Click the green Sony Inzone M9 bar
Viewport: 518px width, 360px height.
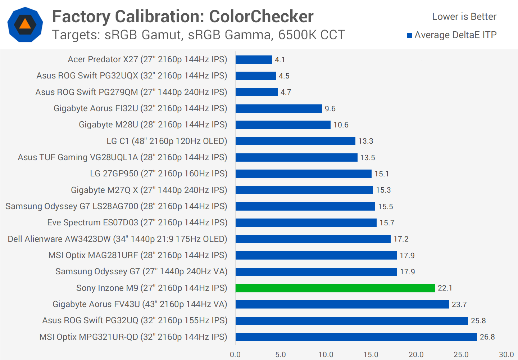[335, 288]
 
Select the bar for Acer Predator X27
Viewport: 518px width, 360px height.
[254, 59]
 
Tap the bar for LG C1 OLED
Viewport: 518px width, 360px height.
[295, 141]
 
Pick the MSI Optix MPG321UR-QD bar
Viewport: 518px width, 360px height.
[356, 337]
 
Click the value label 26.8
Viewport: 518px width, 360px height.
[487, 337]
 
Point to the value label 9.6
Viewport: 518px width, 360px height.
[330, 109]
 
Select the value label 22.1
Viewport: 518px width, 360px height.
[445, 288]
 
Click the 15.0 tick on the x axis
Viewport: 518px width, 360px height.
[371, 355]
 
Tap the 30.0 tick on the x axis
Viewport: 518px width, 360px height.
[506, 355]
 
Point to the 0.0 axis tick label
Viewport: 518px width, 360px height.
[235, 355]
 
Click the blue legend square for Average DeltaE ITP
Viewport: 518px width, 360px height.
[409, 35]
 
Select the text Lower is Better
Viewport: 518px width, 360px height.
[464, 17]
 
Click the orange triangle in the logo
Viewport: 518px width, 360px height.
[25, 24]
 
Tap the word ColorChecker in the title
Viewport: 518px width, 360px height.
[261, 17]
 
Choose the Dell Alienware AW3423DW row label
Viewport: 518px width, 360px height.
[117, 239]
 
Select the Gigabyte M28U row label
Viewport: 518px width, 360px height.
[153, 125]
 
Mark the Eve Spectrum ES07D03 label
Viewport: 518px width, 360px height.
[137, 222]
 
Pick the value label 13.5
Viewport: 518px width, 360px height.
[368, 158]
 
